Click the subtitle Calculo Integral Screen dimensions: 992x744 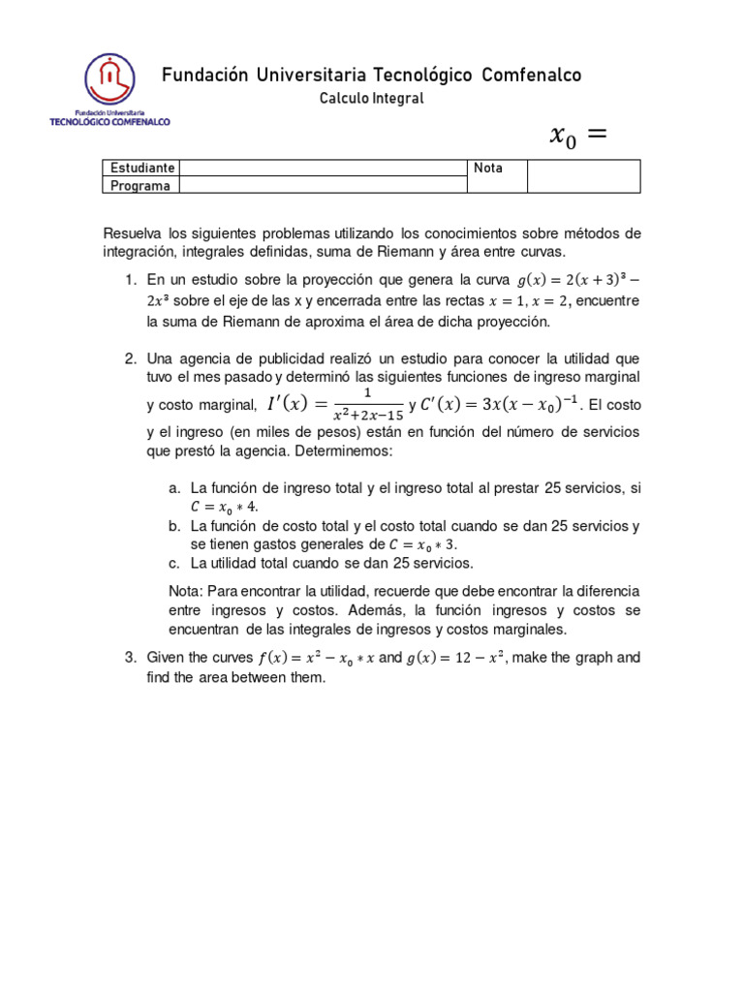[371, 98]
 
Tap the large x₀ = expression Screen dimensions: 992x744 [577, 138]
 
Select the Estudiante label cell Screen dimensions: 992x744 [141, 168]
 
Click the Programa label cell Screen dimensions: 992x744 [140, 185]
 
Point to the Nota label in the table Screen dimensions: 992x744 [488, 168]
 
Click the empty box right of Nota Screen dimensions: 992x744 [583, 176]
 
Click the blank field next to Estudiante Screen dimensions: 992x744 [322, 168]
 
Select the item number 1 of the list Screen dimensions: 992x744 [130, 280]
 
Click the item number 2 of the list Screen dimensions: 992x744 [130, 358]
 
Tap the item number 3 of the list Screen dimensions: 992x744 [130, 658]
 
